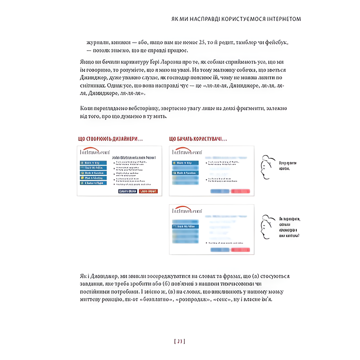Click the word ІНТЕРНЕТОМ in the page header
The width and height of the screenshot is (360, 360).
(x=282, y=19)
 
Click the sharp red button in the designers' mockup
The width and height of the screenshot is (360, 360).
(x=148, y=191)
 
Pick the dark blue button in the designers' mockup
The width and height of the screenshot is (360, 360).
(x=127, y=191)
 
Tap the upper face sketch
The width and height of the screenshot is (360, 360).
(x=266, y=167)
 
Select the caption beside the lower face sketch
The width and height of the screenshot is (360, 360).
(x=289, y=227)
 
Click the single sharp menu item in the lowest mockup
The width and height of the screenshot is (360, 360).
(x=186, y=227)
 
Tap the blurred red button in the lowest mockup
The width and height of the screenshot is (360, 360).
(x=240, y=250)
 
